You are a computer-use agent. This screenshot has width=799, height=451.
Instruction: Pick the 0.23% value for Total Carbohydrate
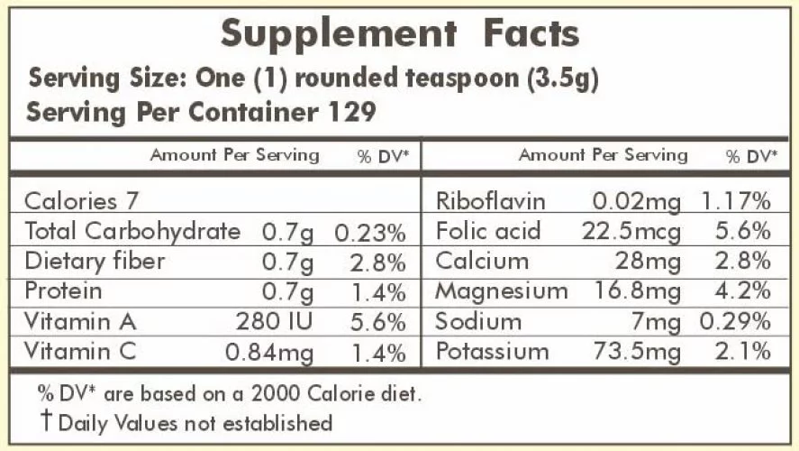(x=369, y=233)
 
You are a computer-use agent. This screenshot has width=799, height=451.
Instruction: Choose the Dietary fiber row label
(x=95, y=262)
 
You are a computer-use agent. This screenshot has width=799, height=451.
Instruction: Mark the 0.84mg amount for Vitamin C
(x=269, y=353)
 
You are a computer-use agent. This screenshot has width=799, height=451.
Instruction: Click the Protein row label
(x=63, y=291)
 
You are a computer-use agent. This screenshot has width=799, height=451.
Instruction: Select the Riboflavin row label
(x=491, y=201)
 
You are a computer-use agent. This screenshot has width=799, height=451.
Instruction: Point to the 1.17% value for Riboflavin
(x=737, y=201)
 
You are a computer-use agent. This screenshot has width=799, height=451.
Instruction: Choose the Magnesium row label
(x=502, y=291)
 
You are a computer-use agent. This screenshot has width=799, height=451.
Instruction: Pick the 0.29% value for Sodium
(x=737, y=322)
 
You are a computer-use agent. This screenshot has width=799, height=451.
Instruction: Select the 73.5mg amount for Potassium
(x=637, y=352)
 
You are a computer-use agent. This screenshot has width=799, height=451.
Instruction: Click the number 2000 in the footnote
(x=277, y=394)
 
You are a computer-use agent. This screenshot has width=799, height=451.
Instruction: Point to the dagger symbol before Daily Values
(x=45, y=421)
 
